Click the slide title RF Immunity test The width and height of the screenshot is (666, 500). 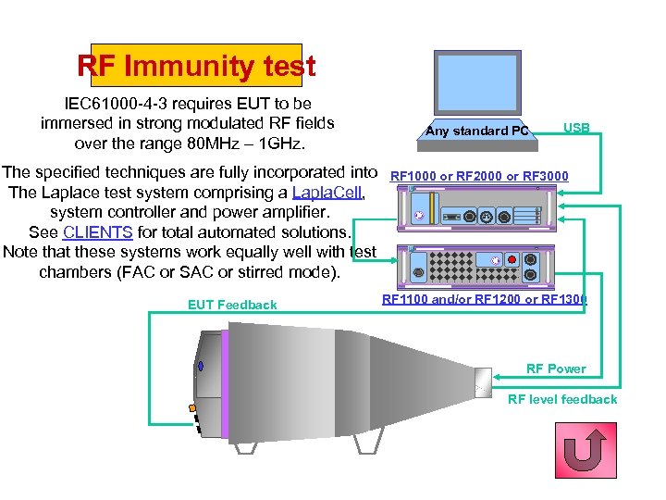tap(196, 67)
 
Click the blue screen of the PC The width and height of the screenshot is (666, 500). tap(477, 84)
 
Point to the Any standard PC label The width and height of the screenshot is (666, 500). tap(478, 131)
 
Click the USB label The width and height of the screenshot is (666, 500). tap(576, 128)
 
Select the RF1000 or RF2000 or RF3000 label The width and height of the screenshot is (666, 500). tap(479, 175)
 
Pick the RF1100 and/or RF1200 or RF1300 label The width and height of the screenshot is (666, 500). tap(484, 299)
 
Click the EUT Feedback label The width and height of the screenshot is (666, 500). tap(232, 305)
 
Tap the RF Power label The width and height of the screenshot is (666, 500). tap(556, 369)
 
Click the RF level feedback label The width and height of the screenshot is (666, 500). tap(562, 399)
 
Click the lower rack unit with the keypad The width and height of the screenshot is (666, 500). tap(475, 266)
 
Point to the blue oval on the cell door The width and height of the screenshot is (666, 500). tap(200, 366)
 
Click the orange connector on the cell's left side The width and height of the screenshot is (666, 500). tap(192, 407)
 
